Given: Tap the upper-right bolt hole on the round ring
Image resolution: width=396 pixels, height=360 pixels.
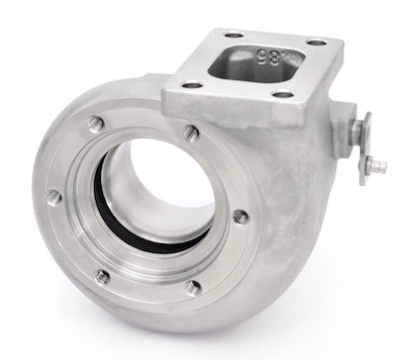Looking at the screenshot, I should tap(191, 133).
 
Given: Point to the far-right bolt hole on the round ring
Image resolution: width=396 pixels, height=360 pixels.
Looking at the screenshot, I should tap(236, 214).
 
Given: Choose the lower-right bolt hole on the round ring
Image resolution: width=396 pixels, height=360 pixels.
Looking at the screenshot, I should tap(192, 287).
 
